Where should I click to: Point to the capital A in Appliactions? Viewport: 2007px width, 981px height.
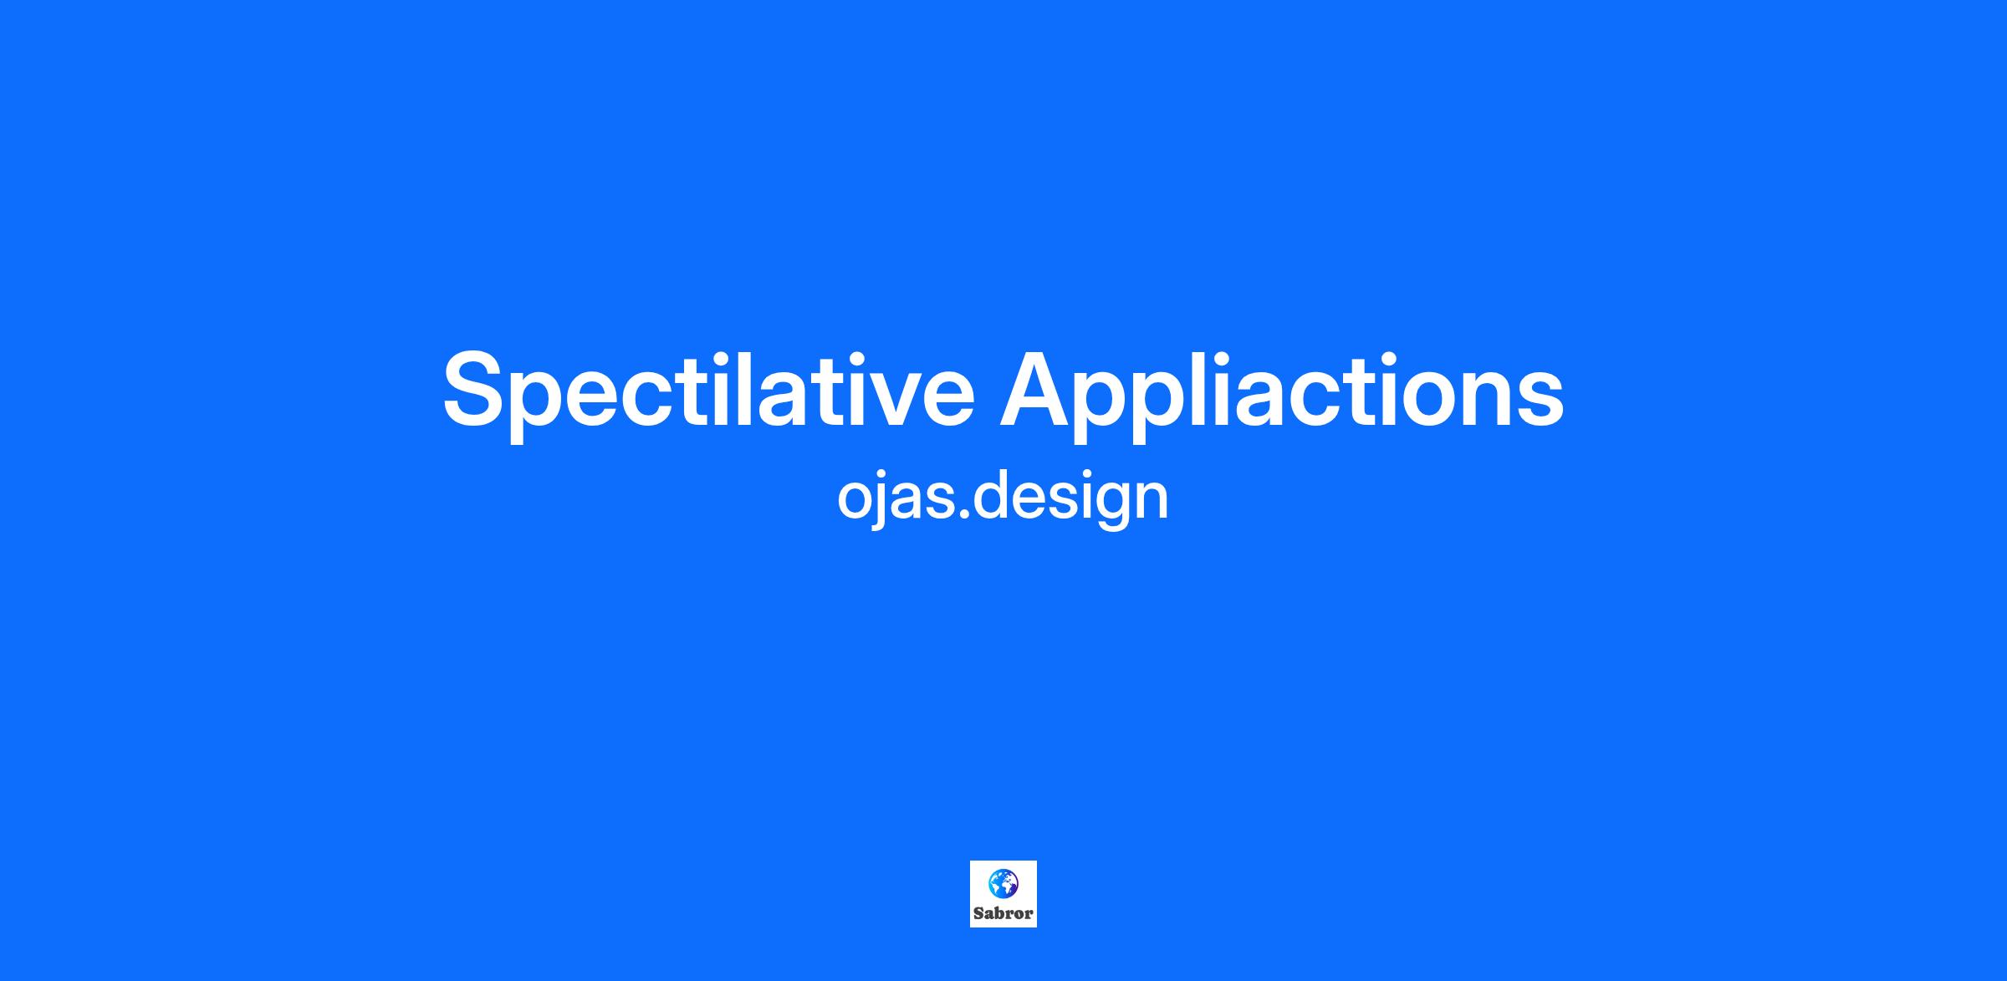tap(1038, 388)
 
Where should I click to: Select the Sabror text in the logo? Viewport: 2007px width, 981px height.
tap(1004, 913)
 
